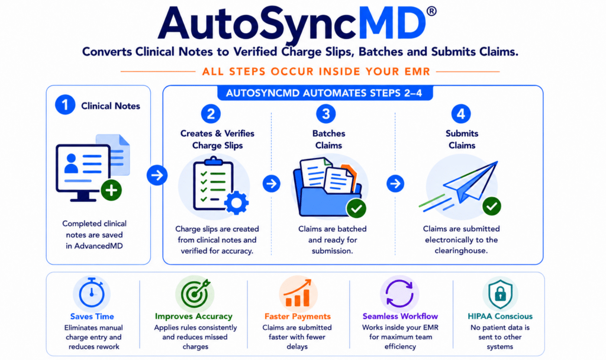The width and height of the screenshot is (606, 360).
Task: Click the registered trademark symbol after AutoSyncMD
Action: [431, 11]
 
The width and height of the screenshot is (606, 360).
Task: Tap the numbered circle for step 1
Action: [65, 105]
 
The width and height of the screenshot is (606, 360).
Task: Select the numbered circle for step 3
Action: [326, 114]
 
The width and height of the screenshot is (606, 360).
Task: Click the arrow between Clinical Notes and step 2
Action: [157, 175]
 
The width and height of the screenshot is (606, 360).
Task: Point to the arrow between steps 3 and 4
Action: [395, 184]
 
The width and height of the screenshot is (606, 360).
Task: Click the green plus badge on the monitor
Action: [111, 190]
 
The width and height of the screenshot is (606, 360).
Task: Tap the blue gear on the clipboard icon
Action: [237, 202]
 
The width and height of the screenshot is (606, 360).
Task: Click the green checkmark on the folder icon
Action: [356, 209]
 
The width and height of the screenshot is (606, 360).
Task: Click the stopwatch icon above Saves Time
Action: [92, 292]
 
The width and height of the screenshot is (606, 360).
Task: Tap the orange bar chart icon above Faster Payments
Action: [298, 293]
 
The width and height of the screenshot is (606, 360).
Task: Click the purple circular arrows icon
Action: [399, 294]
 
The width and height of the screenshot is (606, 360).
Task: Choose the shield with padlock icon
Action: [500, 294]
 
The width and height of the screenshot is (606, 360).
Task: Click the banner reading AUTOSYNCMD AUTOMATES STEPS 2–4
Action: [324, 93]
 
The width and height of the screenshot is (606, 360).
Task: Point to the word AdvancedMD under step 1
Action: [99, 246]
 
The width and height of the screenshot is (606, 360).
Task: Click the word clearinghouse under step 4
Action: [461, 250]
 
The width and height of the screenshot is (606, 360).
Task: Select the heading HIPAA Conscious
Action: [500, 316]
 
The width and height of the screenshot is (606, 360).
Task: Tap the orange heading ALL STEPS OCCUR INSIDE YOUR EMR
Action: [316, 72]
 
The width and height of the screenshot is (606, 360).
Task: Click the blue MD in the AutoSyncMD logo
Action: [392, 24]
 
